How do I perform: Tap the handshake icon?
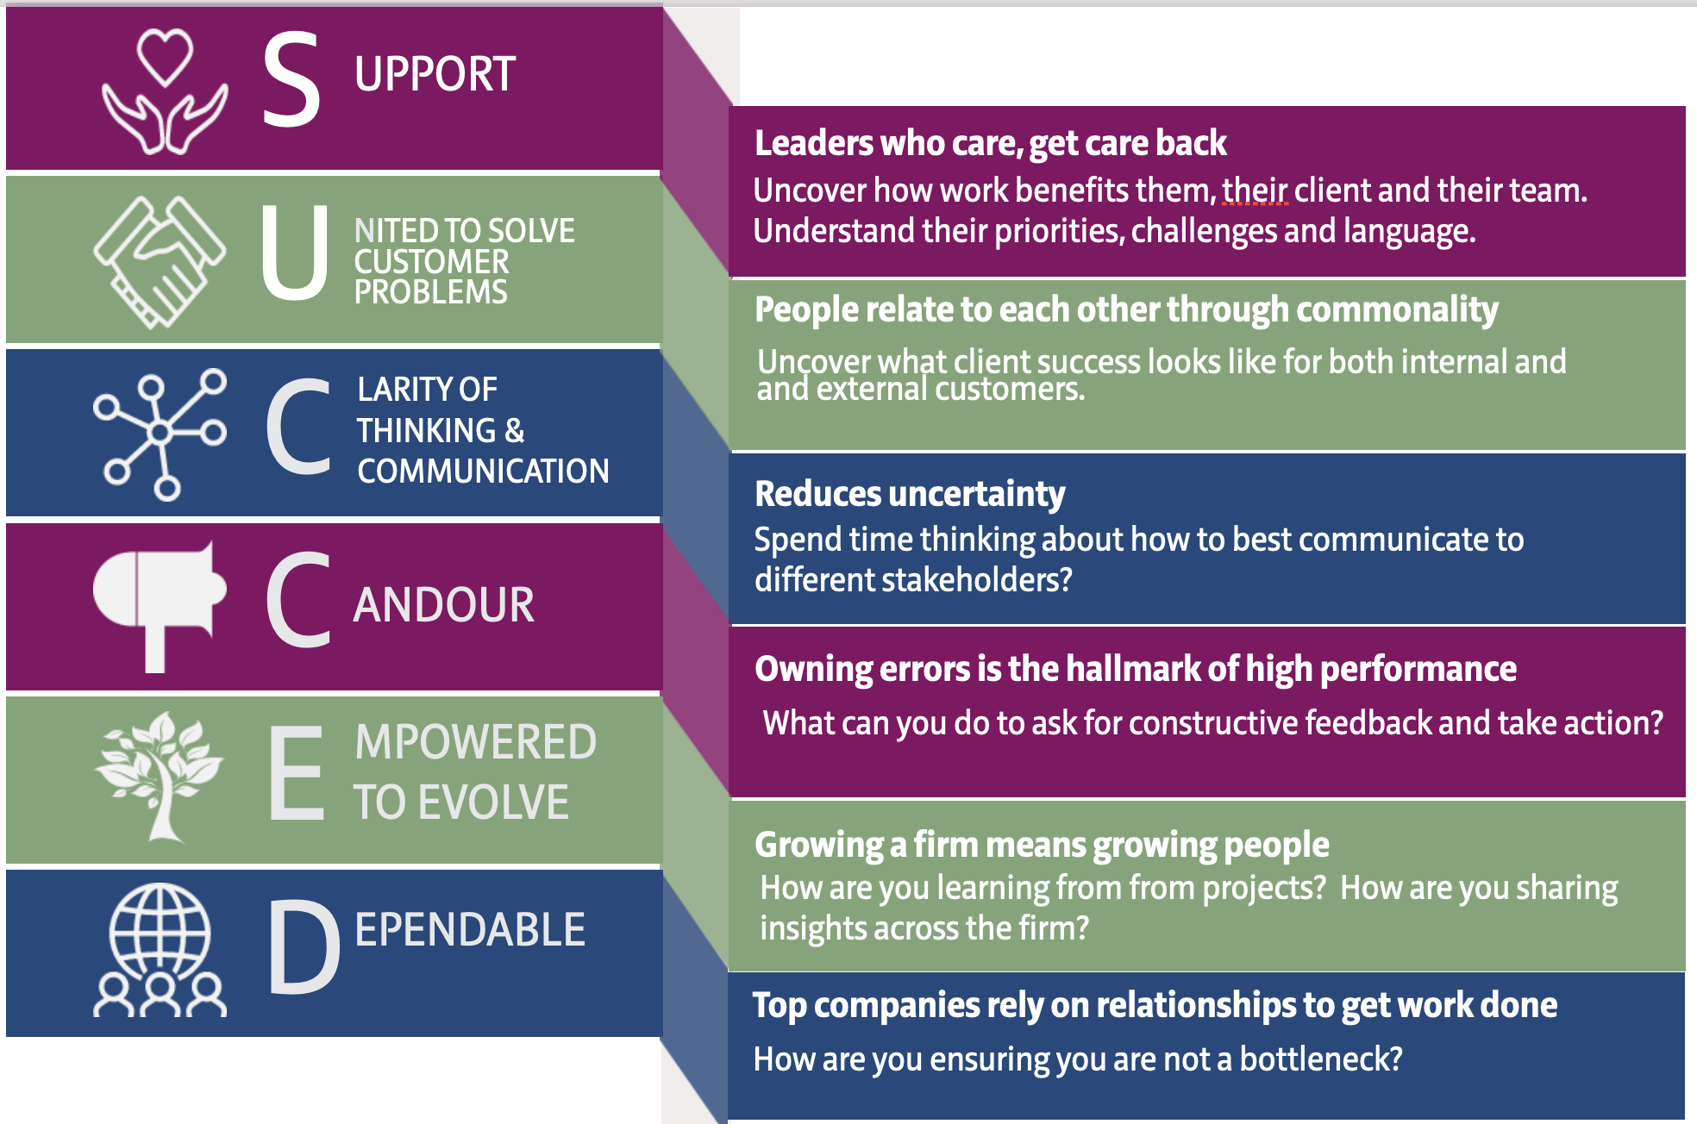pos(160,261)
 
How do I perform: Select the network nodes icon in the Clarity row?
pos(160,434)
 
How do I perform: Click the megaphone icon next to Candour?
pos(160,603)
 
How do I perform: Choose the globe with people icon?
pos(160,950)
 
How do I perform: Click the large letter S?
pos(291,79)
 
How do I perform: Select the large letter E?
pos(297,772)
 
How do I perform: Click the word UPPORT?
pos(435,74)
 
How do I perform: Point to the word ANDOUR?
pos(444,605)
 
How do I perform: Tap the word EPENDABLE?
pos(470,930)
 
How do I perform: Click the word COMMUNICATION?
pos(483,471)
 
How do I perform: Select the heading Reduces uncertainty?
pos(910,494)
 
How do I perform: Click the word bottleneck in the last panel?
pos(1319,1058)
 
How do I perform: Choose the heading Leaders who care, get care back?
pos(990,143)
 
